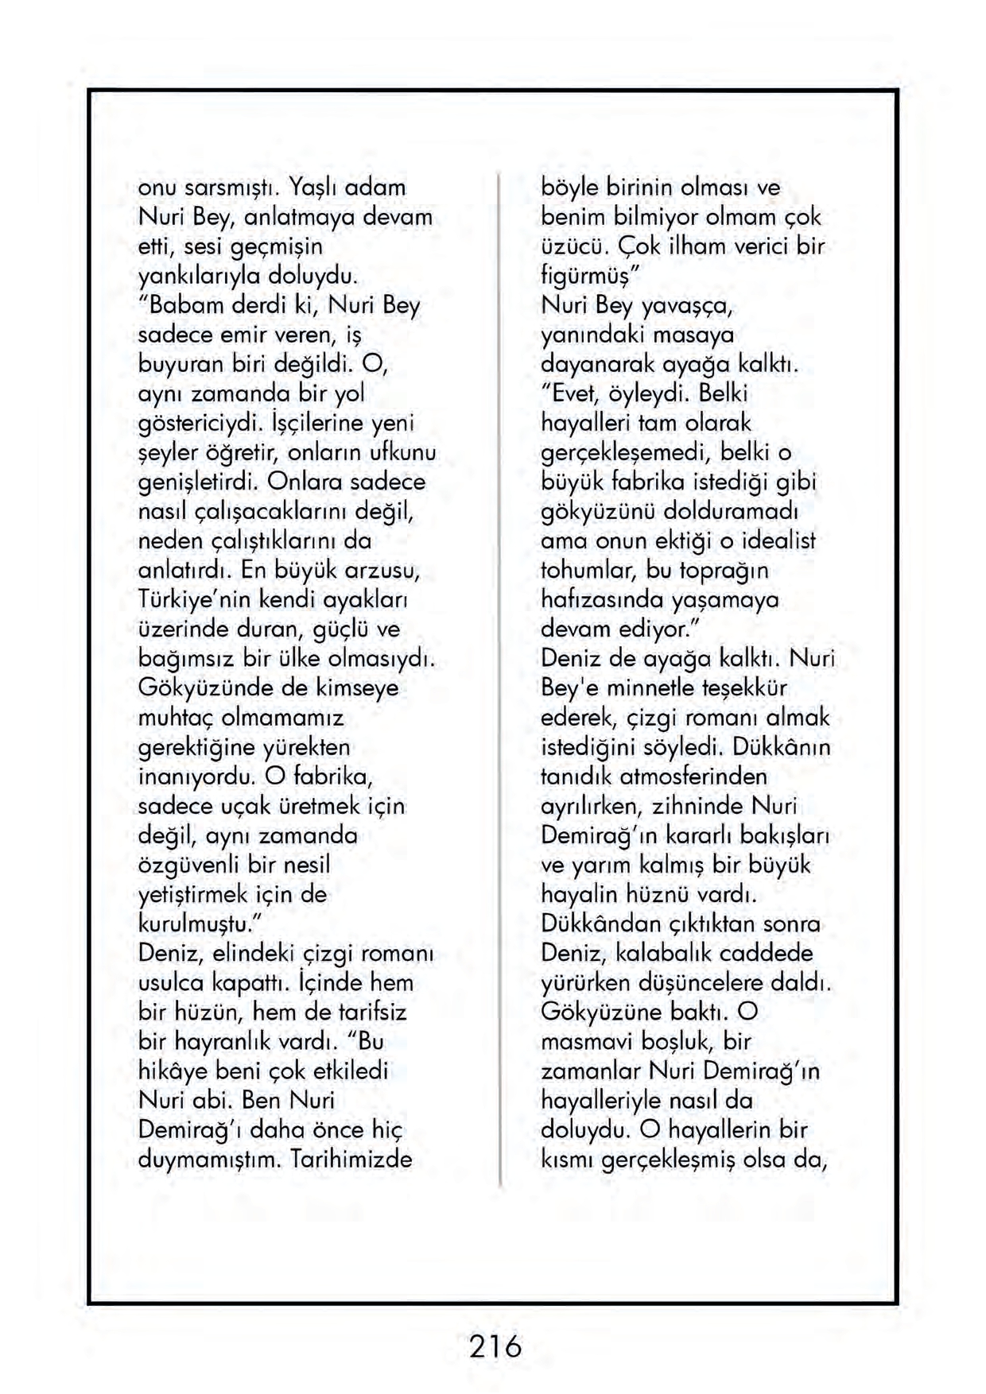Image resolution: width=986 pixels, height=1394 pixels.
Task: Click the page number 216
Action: pyautogui.click(x=495, y=1346)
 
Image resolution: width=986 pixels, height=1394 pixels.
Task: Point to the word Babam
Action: pyautogui.click(x=181, y=306)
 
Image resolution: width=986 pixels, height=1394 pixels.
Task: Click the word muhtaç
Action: pyautogui.click(x=176, y=718)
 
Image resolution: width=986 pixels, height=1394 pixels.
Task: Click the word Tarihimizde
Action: pyautogui.click(x=352, y=1160)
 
